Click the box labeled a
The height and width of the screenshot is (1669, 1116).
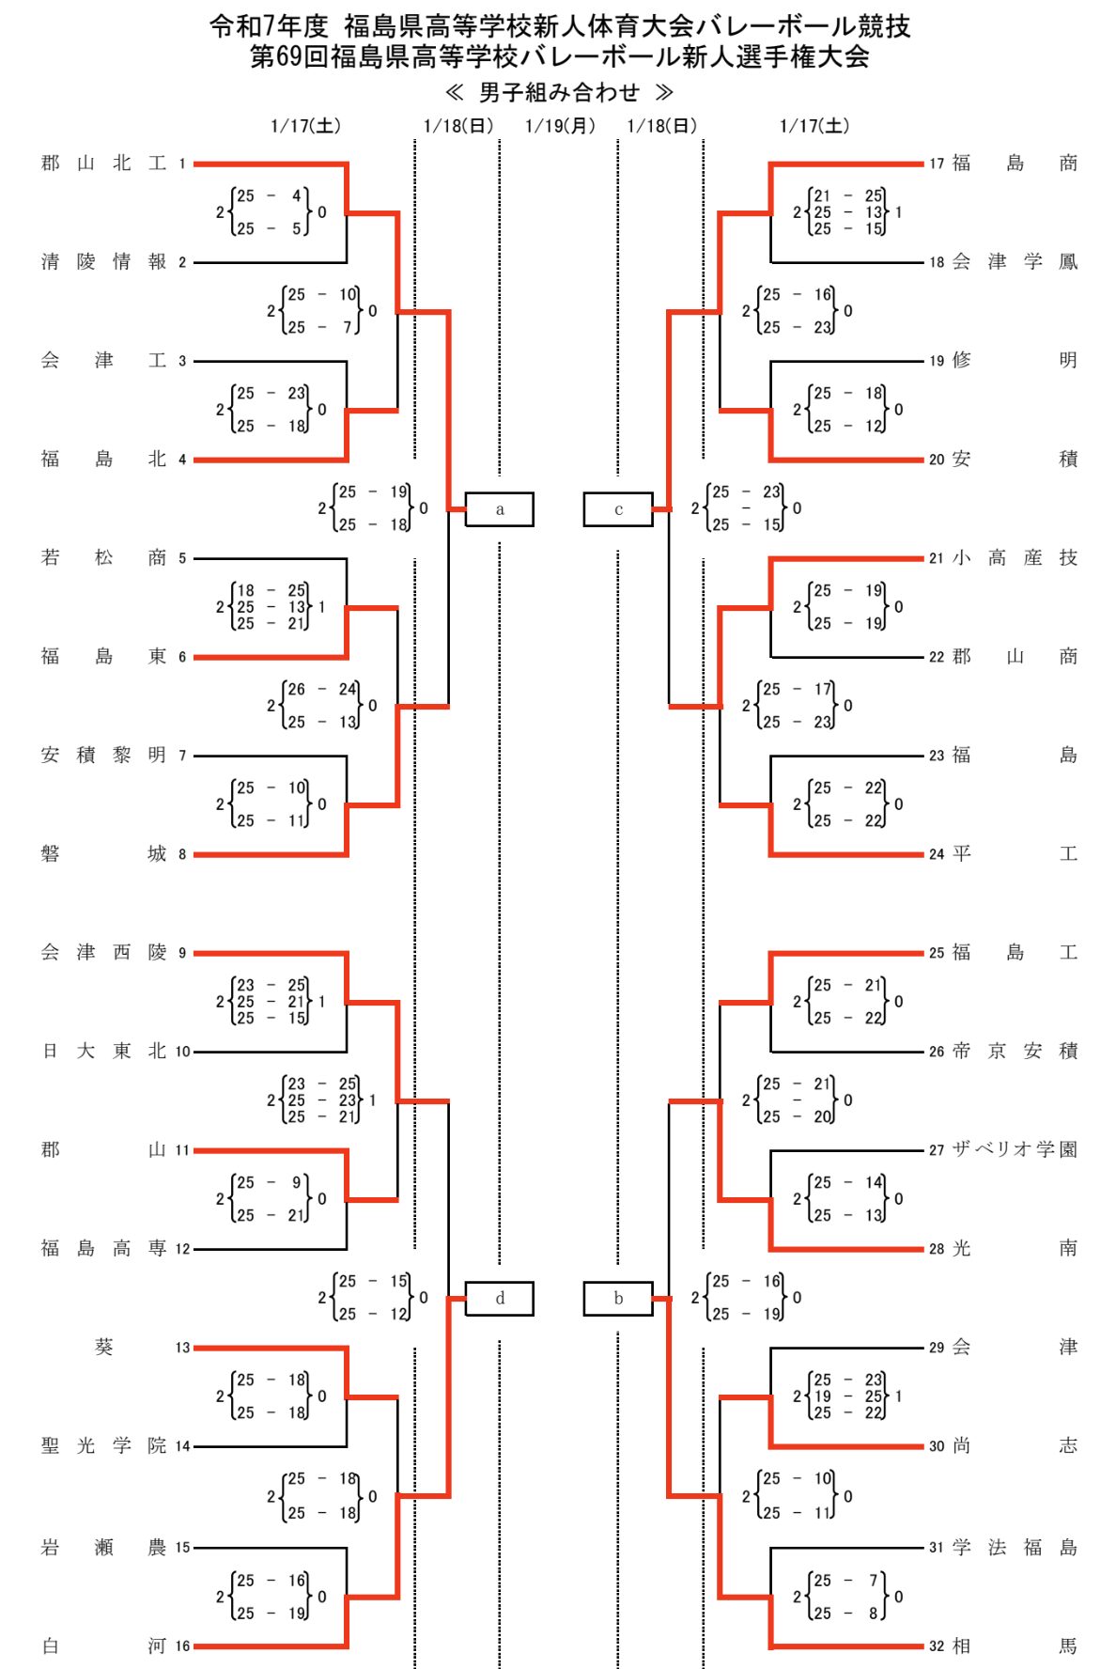pos(499,509)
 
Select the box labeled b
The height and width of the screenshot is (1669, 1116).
pos(617,1299)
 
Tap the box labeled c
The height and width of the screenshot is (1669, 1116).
pos(617,509)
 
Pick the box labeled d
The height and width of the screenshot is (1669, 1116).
pos(499,1299)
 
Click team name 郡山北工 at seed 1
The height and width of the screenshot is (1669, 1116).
pos(103,164)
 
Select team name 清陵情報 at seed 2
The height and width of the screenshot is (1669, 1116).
pos(103,262)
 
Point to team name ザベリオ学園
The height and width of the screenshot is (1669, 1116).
pos(1015,1149)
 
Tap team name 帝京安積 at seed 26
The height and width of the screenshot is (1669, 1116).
pos(1015,1051)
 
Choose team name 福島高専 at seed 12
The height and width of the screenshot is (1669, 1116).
pos(103,1248)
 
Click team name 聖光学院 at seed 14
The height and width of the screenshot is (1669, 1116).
pos(103,1445)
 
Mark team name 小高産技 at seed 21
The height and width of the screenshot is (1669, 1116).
pos(1015,558)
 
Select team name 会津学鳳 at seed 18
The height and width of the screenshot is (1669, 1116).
pos(1015,262)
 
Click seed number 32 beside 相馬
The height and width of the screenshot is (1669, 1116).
pos(937,1646)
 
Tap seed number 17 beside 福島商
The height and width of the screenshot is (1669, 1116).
pos(937,164)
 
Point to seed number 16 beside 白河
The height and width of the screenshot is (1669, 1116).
pos(182,1646)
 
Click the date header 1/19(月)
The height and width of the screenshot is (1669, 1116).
pos(560,126)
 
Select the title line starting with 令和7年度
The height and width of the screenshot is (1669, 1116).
pos(560,25)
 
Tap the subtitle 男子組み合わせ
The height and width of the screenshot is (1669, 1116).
pos(559,92)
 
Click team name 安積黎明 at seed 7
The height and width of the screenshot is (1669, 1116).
pos(103,755)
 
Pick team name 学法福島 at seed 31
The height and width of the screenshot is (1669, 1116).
pos(1015,1547)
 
